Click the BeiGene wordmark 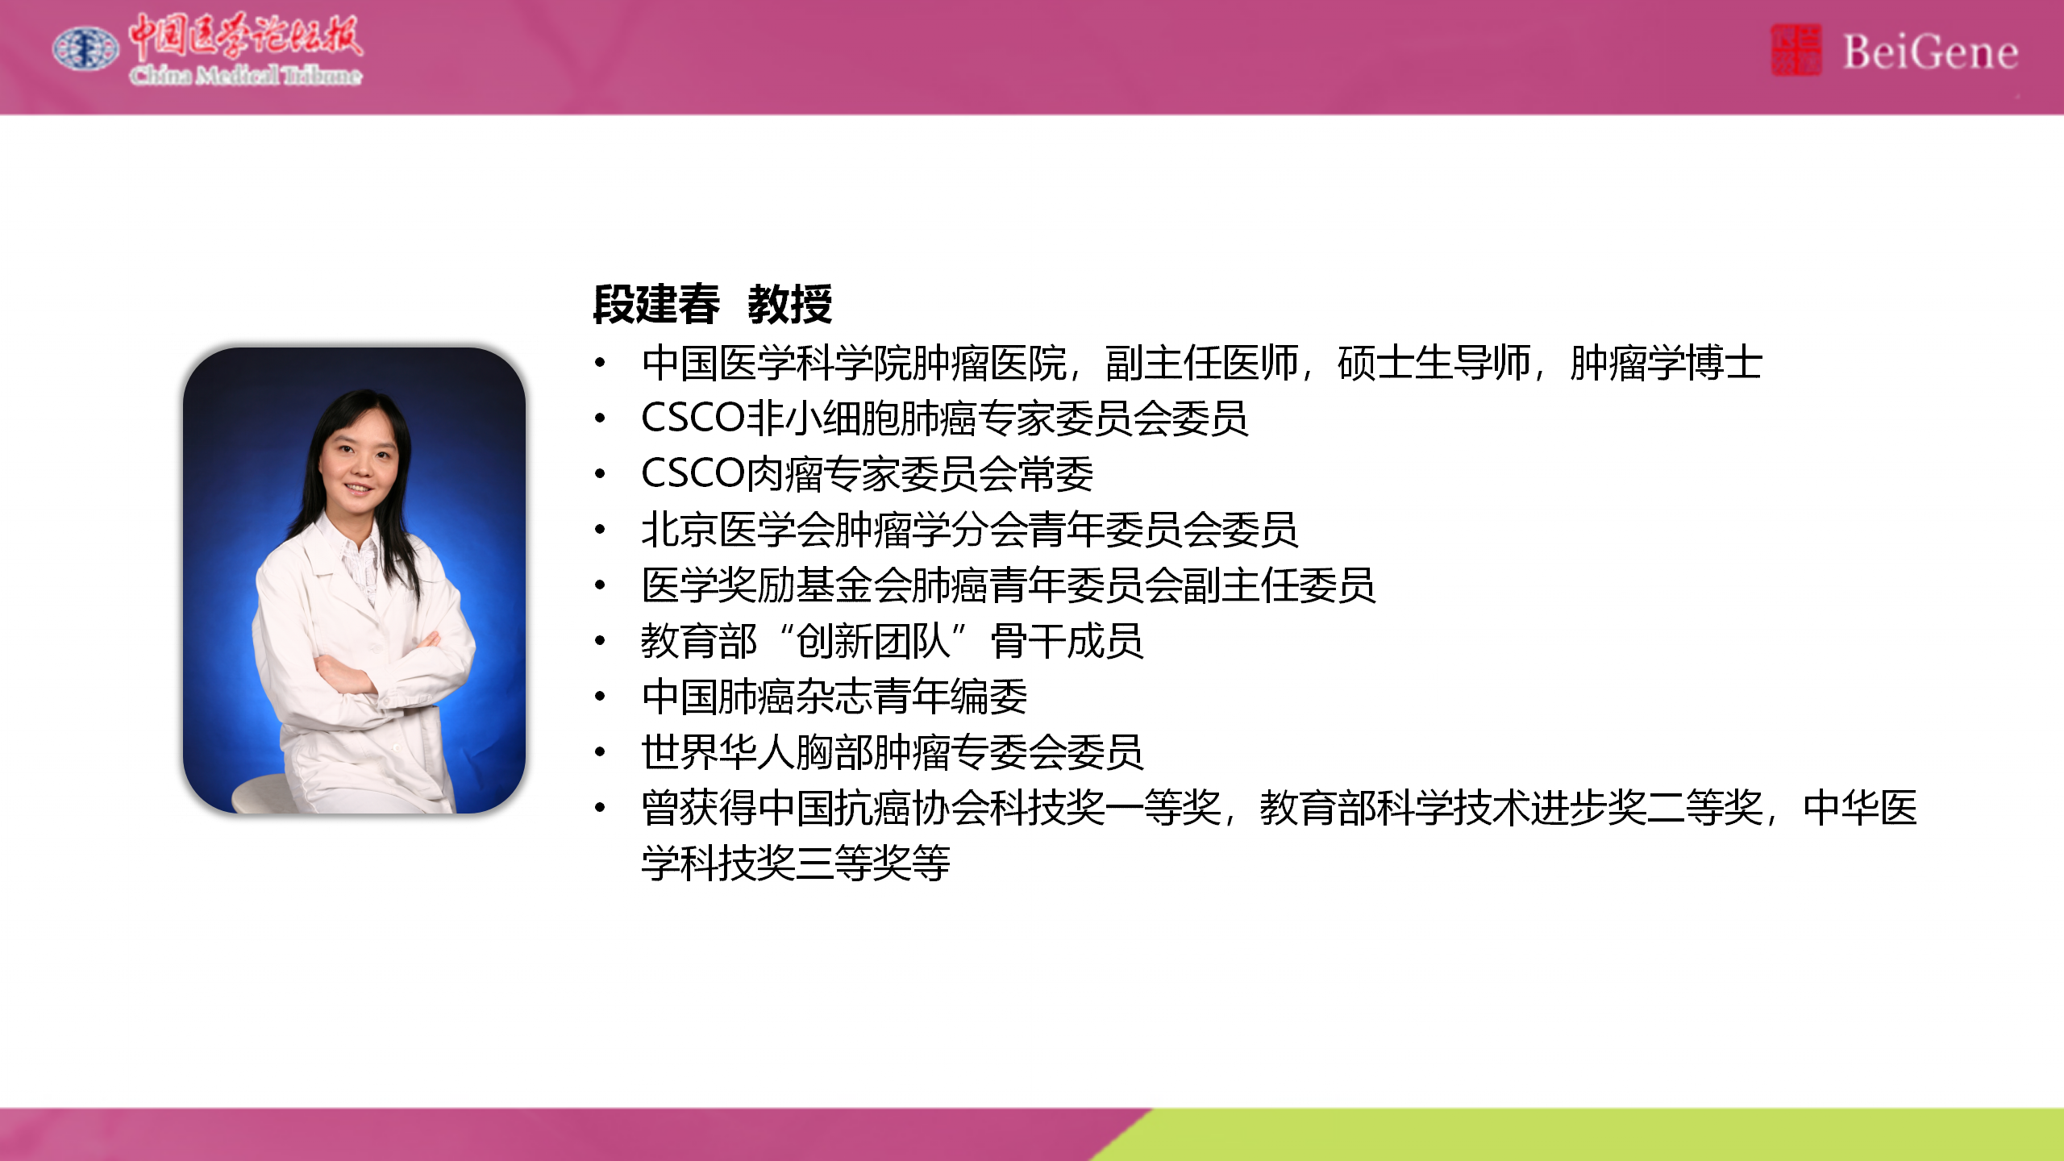1930,52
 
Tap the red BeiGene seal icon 1796,50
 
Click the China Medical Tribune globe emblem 85,48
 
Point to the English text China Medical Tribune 246,76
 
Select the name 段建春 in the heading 656,304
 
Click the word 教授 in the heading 790,304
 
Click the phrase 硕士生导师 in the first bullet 1434,363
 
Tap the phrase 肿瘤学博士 1666,363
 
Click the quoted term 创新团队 873,641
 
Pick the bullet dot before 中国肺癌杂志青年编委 600,697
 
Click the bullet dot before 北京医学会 600,530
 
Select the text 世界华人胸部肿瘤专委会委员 893,752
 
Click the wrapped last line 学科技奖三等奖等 796,863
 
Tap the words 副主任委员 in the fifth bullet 1279,585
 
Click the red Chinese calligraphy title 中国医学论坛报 246,37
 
